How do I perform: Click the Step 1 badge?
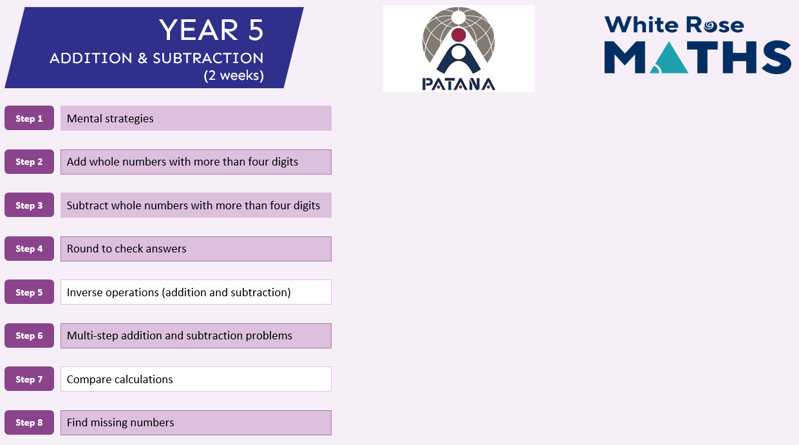tap(29, 118)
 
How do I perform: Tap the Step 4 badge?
tap(29, 249)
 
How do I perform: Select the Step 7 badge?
tap(29, 379)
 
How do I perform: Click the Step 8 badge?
tap(29, 422)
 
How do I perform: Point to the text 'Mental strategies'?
tap(110, 118)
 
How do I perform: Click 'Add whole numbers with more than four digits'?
tap(182, 162)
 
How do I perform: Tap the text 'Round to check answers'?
tap(126, 249)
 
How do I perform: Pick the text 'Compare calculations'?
tap(120, 379)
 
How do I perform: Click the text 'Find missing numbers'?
tap(120, 422)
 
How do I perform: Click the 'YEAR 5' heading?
tap(211, 30)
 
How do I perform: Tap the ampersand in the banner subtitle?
tap(142, 58)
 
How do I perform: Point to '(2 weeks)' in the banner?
tap(234, 75)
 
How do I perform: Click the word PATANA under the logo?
tap(458, 84)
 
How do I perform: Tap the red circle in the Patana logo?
tap(458, 35)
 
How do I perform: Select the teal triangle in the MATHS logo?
tap(669, 57)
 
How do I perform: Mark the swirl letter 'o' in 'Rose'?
tap(710, 26)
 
